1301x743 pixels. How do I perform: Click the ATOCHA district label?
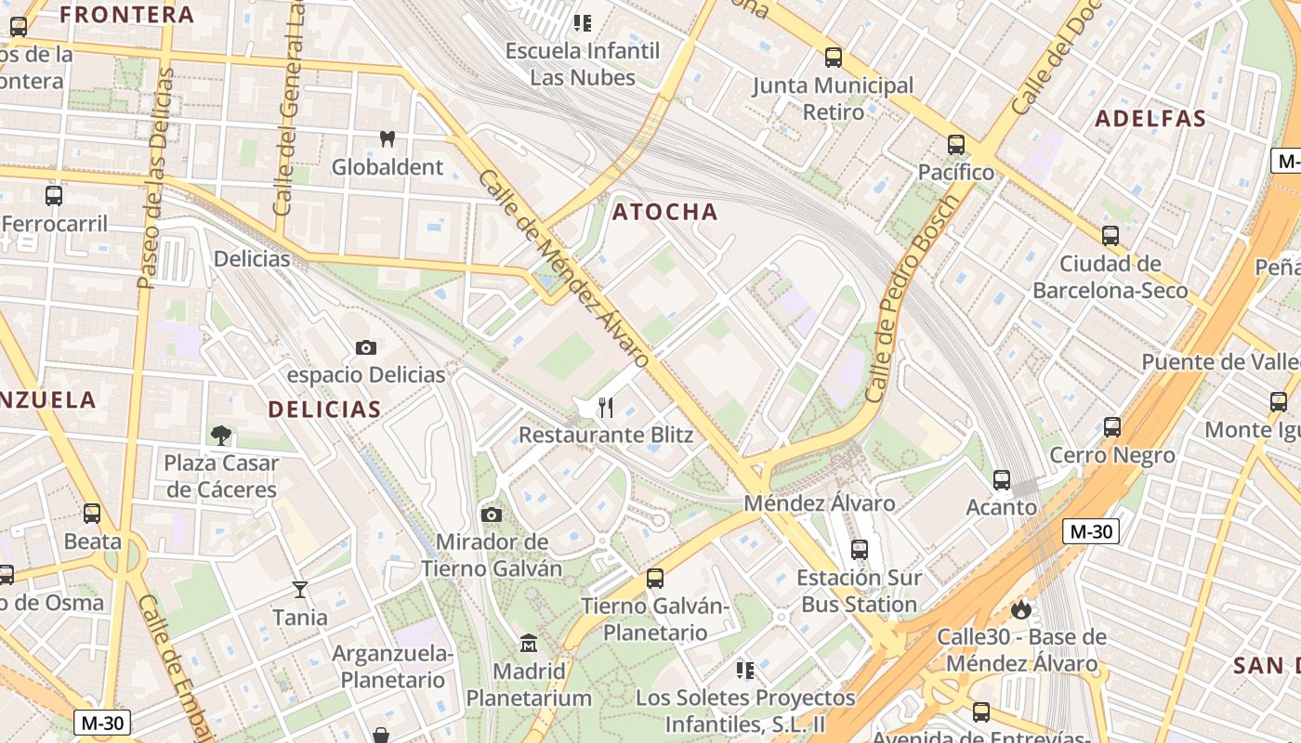click(664, 212)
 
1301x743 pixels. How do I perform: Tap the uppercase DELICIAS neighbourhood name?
click(324, 409)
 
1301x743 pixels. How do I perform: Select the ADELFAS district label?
click(1150, 118)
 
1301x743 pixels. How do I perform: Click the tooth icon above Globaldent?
click(388, 139)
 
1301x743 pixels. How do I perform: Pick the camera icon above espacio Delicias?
click(366, 347)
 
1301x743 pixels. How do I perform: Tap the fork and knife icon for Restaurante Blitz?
click(606, 407)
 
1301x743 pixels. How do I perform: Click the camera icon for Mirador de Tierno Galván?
click(492, 515)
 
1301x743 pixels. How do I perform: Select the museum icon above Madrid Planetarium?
click(529, 643)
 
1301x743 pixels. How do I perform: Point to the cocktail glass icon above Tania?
click(299, 589)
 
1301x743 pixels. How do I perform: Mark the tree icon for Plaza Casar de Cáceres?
click(221, 434)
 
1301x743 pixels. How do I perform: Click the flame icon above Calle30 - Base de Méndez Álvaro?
click(1020, 609)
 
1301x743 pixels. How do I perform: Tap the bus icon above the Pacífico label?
click(955, 145)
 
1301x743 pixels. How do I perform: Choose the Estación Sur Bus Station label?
click(859, 591)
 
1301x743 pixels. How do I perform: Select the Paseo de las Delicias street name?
click(154, 176)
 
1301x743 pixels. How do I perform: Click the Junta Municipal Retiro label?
click(833, 98)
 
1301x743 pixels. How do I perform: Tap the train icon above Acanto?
click(1001, 480)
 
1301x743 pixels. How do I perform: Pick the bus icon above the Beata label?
click(92, 514)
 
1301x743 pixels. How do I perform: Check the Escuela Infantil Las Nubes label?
click(582, 63)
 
